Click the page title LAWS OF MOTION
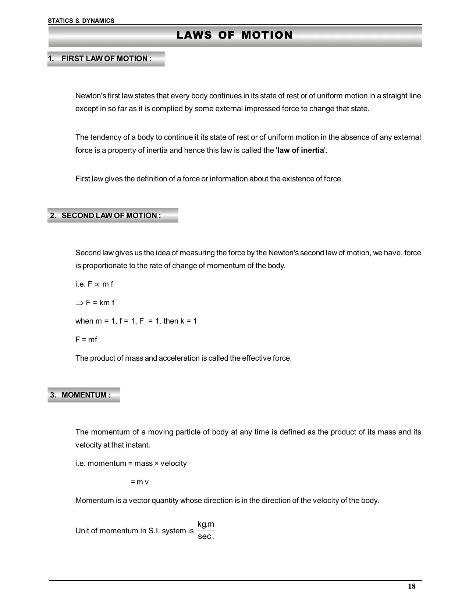click(x=234, y=35)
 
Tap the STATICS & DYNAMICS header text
click(x=81, y=21)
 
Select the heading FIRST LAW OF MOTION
click(x=106, y=59)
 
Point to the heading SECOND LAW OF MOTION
click(x=111, y=216)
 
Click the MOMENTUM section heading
click(x=86, y=395)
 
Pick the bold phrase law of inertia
click(x=301, y=150)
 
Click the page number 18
click(x=412, y=587)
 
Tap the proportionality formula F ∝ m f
click(x=100, y=284)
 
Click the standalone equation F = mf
click(x=86, y=340)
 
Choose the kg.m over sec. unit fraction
click(x=206, y=530)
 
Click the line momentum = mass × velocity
click(x=137, y=463)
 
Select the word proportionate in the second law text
click(x=105, y=266)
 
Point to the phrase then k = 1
click(x=180, y=321)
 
